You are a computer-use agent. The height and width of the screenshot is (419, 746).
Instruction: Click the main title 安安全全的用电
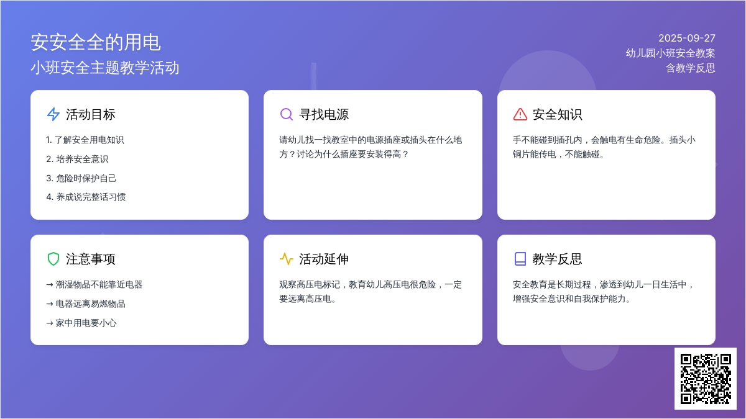pos(96,43)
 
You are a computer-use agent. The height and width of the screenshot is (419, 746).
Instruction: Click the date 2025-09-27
pos(687,38)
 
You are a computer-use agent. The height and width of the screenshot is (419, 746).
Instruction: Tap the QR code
pos(706,379)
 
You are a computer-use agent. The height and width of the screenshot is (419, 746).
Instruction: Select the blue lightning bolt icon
pos(53,114)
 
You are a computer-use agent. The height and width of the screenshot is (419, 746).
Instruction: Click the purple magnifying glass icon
pos(287,114)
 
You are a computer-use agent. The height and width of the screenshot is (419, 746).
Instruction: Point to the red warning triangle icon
pos(520,114)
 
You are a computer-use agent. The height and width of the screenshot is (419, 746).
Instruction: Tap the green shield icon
pos(53,259)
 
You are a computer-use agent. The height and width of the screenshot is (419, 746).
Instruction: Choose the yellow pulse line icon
pos(287,259)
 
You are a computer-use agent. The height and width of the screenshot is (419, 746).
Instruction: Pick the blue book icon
pos(520,259)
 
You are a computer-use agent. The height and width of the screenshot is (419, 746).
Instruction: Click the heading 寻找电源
pos(324,114)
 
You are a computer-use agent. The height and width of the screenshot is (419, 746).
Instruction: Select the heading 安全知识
pos(557,114)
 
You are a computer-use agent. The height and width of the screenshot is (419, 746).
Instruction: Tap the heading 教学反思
pos(557,259)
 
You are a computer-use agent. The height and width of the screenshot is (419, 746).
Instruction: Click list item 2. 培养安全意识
pos(77,159)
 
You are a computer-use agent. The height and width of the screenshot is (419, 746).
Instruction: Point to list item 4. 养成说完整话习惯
pos(86,197)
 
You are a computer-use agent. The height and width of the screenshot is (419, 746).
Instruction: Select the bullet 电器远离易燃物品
pos(86,304)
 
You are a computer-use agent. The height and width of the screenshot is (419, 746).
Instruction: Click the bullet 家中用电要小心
pos(81,323)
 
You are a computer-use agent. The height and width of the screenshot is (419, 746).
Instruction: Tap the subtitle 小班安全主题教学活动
pos(105,68)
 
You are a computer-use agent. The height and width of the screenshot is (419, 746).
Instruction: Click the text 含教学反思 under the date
pos(691,68)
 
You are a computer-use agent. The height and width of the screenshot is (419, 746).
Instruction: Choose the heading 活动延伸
pos(324,259)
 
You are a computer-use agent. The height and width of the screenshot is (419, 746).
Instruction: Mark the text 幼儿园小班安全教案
pos(670,53)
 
